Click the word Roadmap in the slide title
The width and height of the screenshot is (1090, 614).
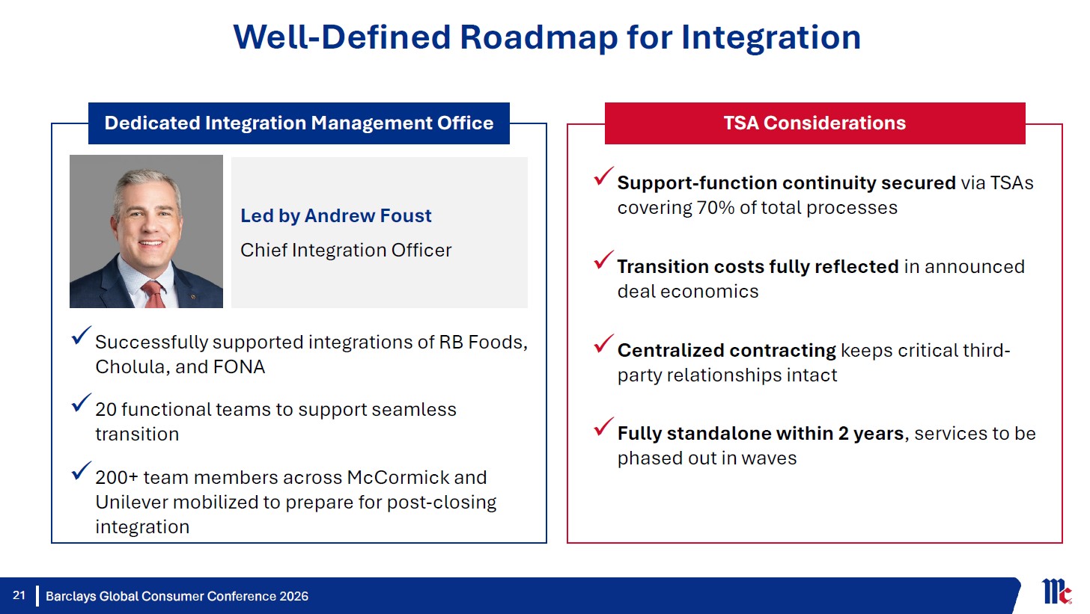coord(539,38)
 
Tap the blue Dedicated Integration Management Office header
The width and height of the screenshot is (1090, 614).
coord(299,123)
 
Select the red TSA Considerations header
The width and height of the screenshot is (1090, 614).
coord(815,123)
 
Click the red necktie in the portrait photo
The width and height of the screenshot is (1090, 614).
coord(154,295)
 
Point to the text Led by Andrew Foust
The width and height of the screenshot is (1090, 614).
coord(335,215)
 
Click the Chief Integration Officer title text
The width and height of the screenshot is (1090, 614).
coord(346,251)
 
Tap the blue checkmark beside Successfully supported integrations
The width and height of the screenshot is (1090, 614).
coord(81,335)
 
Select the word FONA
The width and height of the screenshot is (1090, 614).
coord(239,367)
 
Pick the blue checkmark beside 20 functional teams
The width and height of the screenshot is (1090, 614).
coord(81,402)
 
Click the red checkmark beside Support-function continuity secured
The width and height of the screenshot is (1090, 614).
coord(603,176)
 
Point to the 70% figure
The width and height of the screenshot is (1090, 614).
coord(716,208)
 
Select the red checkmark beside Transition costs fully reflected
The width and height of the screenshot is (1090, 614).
coord(603,260)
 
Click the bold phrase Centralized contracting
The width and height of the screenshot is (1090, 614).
coord(726,351)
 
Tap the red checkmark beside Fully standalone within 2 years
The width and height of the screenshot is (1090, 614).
coord(603,426)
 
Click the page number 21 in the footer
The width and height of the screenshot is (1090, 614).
coord(19,595)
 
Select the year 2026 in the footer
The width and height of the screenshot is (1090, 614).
coord(293,596)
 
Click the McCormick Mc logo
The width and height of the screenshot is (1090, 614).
coord(1056,591)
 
